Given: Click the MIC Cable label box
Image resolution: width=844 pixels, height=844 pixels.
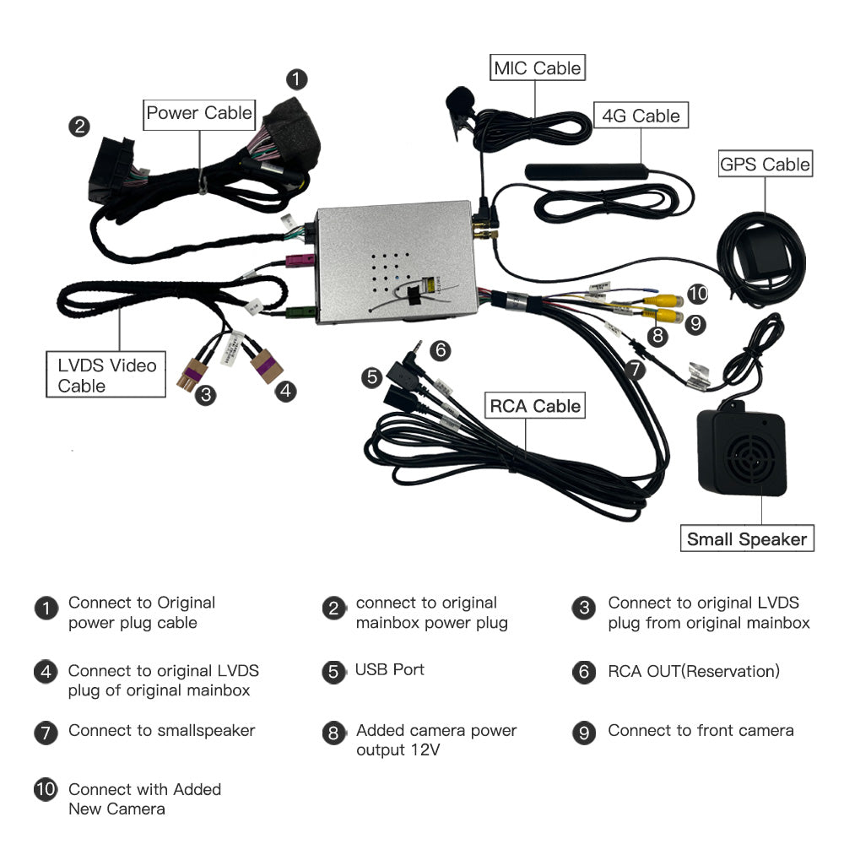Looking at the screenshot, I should pyautogui.click(x=538, y=68).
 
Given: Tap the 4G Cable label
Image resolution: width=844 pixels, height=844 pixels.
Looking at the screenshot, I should pyautogui.click(x=640, y=115).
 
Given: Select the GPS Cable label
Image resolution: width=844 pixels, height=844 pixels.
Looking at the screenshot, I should pyautogui.click(x=765, y=164).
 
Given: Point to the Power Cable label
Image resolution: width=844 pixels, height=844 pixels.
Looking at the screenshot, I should pyautogui.click(x=199, y=113).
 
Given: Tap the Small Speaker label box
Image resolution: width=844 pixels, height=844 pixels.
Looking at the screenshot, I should pyautogui.click(x=747, y=539).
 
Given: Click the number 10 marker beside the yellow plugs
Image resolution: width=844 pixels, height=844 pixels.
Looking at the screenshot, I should pyautogui.click(x=697, y=294).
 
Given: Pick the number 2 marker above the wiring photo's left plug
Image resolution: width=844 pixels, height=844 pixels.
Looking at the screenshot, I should pyautogui.click(x=78, y=127).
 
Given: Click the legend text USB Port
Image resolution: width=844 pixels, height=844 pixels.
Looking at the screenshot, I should pyautogui.click(x=389, y=670).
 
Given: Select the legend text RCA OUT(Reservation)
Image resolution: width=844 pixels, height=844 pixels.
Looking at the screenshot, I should pyautogui.click(x=693, y=672).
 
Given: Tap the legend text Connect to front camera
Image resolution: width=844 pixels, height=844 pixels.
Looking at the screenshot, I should pyautogui.click(x=701, y=731).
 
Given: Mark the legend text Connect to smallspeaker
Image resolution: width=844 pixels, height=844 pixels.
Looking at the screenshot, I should pyautogui.click(x=161, y=731).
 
